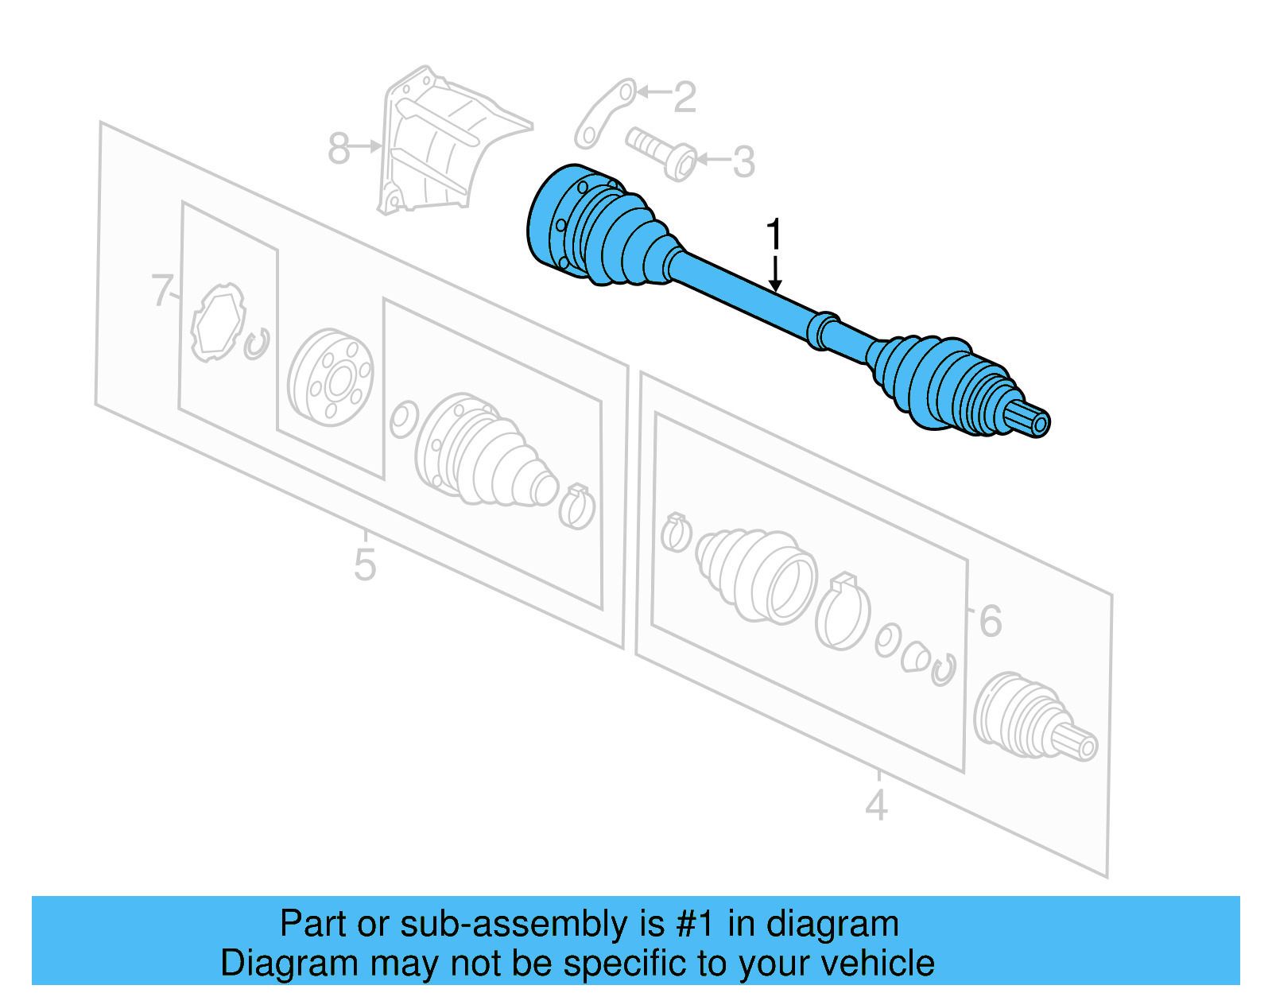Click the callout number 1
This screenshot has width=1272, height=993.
[774, 235]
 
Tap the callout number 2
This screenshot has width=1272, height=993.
[684, 97]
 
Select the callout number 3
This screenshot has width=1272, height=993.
[743, 162]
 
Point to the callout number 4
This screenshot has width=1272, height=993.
[876, 805]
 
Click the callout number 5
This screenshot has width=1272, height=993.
[364, 565]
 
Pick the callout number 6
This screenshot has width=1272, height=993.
[990, 621]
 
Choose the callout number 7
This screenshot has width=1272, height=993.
[162, 290]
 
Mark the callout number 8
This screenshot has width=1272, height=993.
[339, 149]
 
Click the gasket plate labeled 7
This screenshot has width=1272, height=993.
[217, 322]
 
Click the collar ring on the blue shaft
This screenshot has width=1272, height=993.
[822, 329]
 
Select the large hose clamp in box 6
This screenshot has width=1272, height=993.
[842, 613]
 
